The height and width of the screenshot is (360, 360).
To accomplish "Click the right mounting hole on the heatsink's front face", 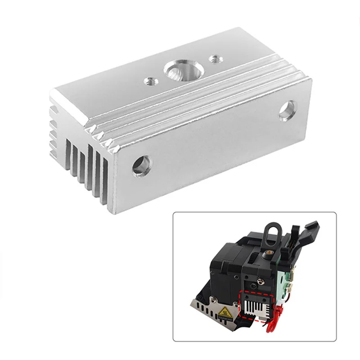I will (286, 111).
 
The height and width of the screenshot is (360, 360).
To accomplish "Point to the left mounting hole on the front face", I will (139, 166).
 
